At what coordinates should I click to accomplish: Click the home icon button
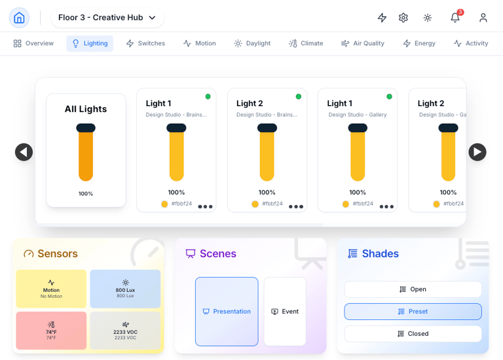coord(19,18)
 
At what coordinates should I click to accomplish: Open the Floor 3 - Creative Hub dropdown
coord(107,18)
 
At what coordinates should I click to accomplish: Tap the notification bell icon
coord(455,18)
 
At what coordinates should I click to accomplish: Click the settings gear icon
coord(403,18)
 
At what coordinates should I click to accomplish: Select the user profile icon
coord(483,18)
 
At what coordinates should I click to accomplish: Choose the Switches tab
coord(145,43)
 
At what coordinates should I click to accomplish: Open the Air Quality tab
coord(362,43)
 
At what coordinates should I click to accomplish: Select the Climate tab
coord(306,43)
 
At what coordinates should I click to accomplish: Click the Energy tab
coord(419,43)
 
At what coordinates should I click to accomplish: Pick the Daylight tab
coord(252,43)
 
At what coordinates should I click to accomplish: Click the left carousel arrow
coord(24,152)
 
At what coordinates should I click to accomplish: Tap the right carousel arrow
coord(477,152)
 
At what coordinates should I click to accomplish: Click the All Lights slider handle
coord(86,128)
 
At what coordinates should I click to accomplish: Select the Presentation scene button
coord(227,312)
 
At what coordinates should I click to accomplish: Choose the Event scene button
coord(285,312)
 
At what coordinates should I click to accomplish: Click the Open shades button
coord(413,289)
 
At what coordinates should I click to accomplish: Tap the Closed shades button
coord(413,334)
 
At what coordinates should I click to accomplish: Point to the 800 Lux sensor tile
coord(125,289)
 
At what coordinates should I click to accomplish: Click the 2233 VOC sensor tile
coord(125,331)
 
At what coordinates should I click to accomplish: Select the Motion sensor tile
coord(51,289)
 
